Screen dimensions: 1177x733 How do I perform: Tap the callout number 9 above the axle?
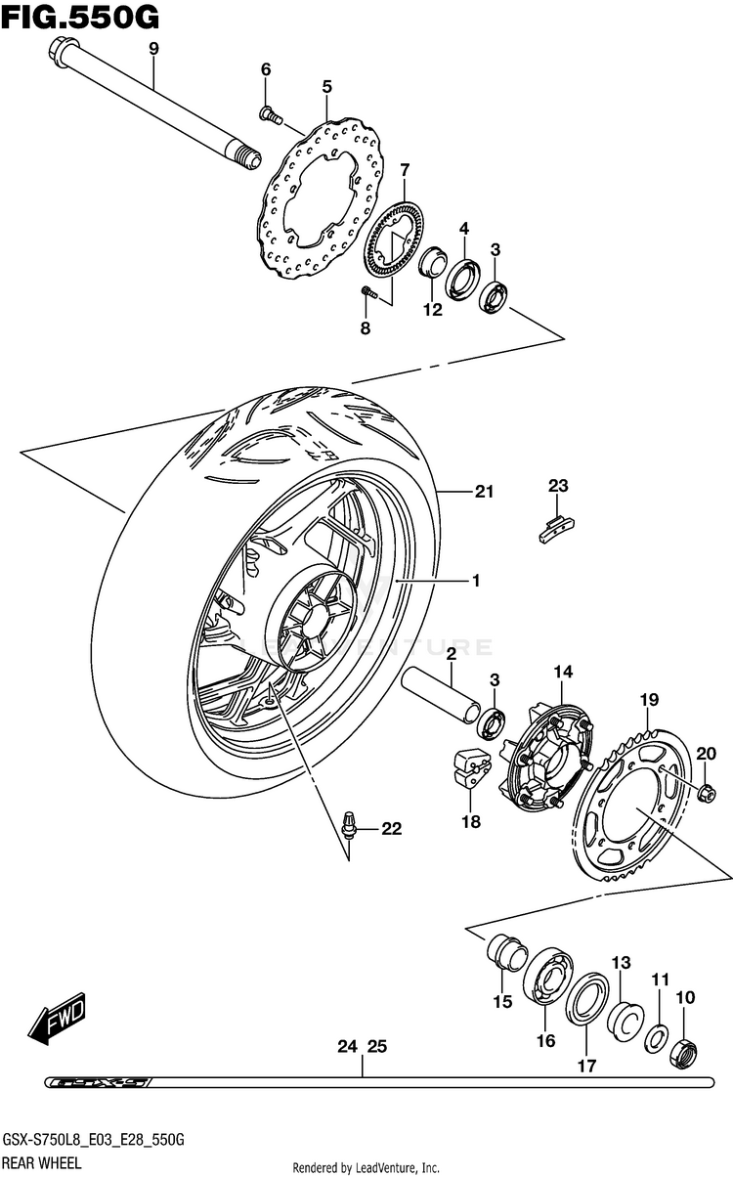point(153,49)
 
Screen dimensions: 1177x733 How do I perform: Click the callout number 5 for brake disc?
point(327,87)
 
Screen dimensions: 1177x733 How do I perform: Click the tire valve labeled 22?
point(349,827)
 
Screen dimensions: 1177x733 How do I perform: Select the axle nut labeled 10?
point(685,1052)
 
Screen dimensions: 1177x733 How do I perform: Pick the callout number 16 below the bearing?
point(545,1041)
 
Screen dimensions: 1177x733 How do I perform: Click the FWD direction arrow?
point(59,1017)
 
